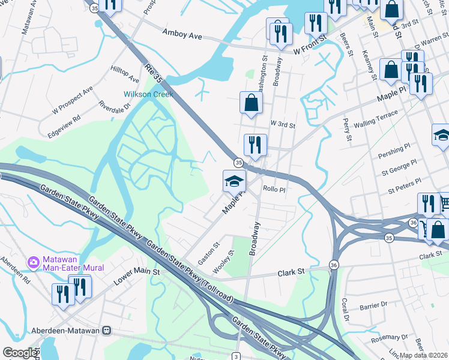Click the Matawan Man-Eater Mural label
click(x=73, y=263)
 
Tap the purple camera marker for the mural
click(x=34, y=262)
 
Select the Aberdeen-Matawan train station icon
click(x=107, y=330)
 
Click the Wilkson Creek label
click(x=148, y=94)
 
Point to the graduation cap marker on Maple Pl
click(x=234, y=181)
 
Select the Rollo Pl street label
click(x=274, y=188)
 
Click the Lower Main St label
click(x=139, y=273)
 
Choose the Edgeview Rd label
click(x=67, y=119)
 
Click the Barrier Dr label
click(x=373, y=305)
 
